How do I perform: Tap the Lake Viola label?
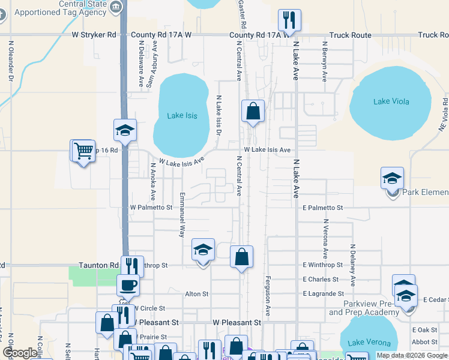(x=391, y=101)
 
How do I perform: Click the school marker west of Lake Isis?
(x=125, y=131)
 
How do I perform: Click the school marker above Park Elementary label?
(x=392, y=179)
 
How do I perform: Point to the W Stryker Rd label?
(x=94, y=35)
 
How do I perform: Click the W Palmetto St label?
(x=151, y=208)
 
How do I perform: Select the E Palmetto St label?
(x=322, y=208)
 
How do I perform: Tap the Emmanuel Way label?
(x=181, y=214)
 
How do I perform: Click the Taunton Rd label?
(x=99, y=265)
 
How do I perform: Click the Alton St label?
(x=196, y=294)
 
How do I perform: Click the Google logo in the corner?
(x=20, y=353)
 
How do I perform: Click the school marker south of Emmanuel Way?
(x=203, y=250)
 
